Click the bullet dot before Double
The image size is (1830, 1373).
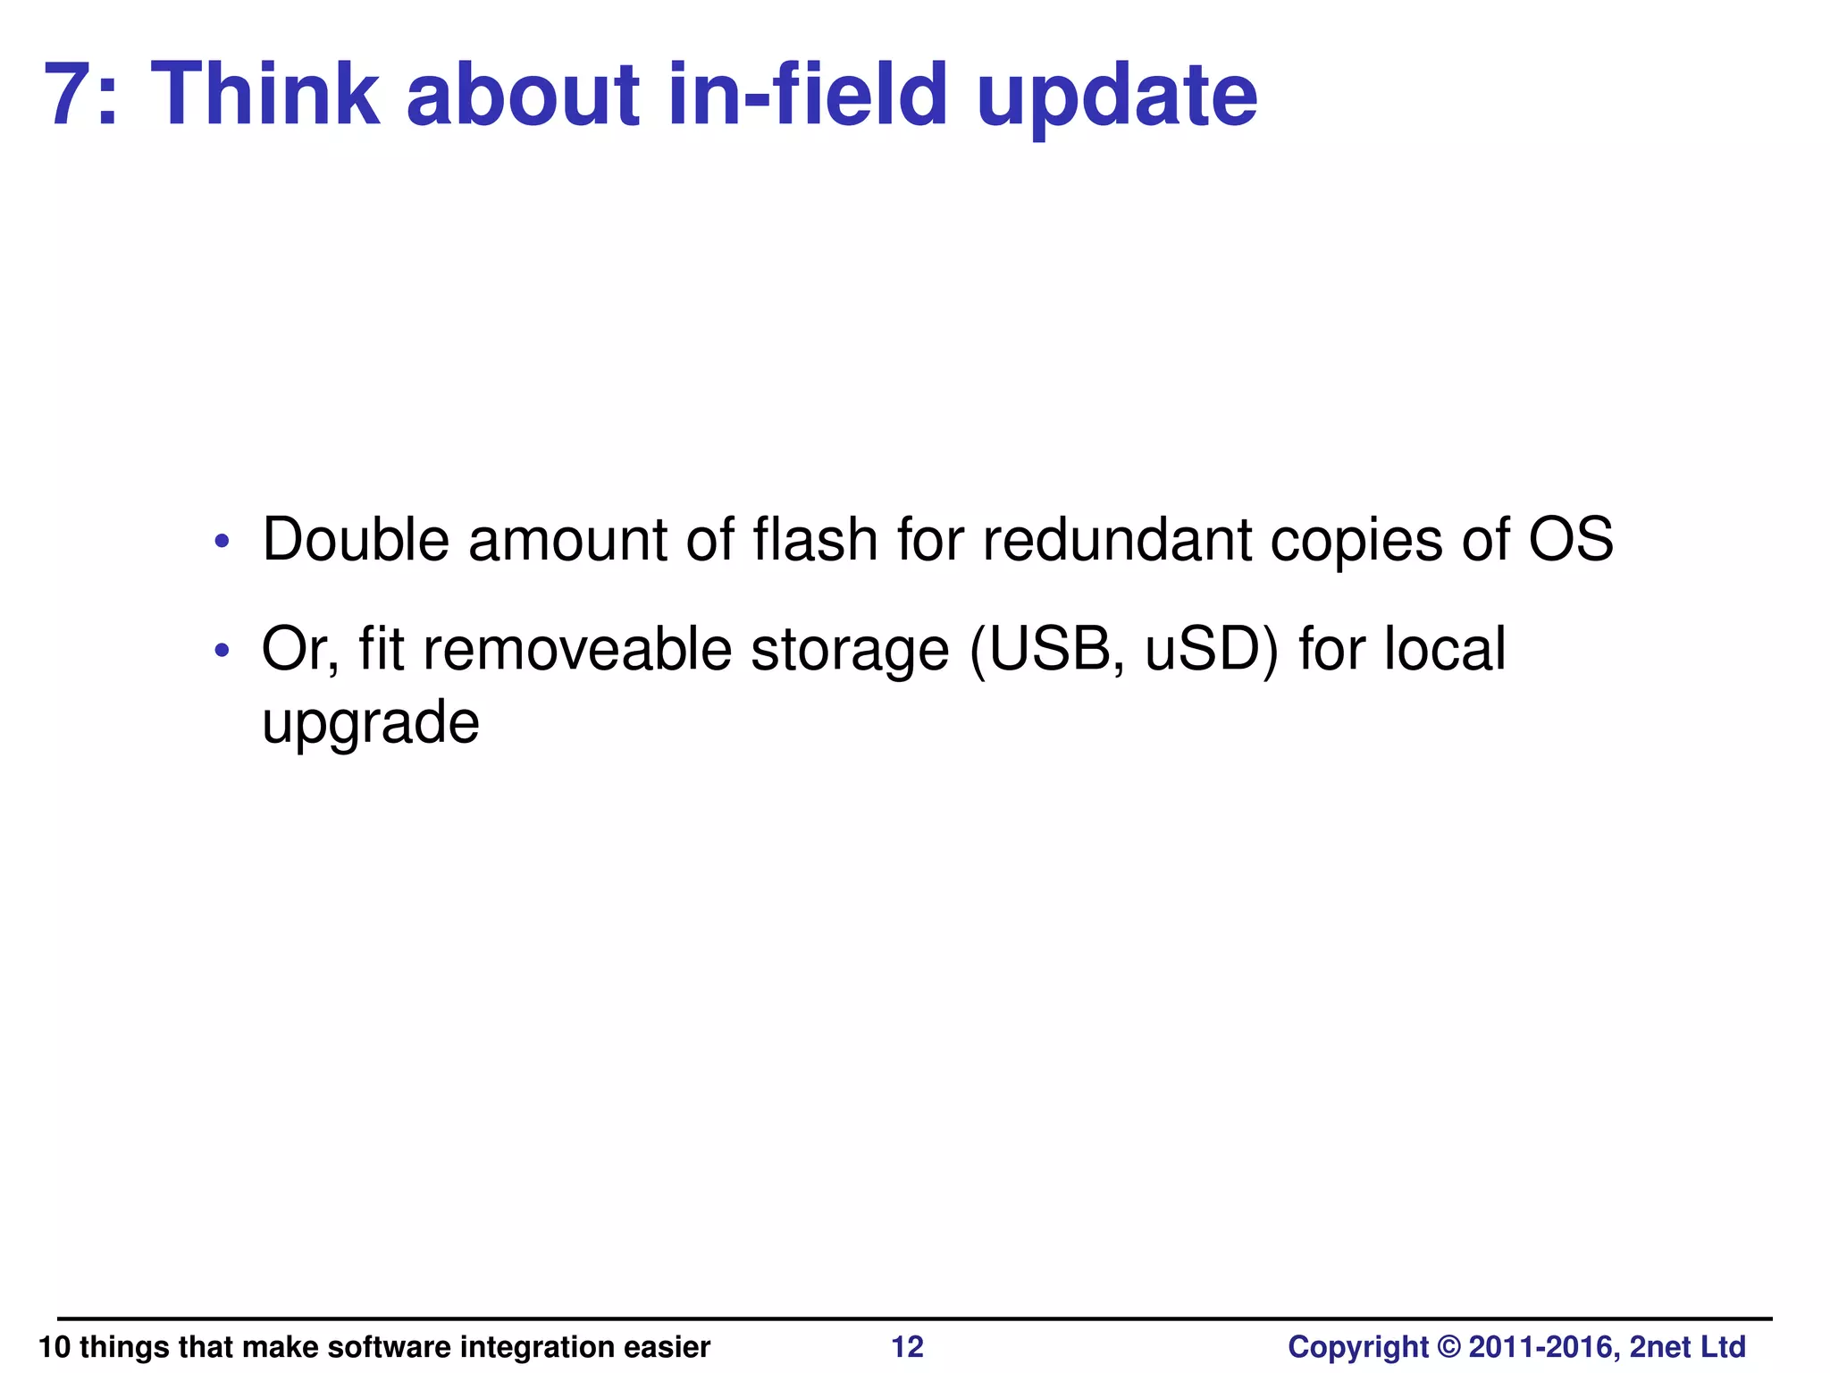click(222, 542)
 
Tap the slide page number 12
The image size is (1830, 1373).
click(908, 1346)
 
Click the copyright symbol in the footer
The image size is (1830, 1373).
click(1448, 1346)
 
